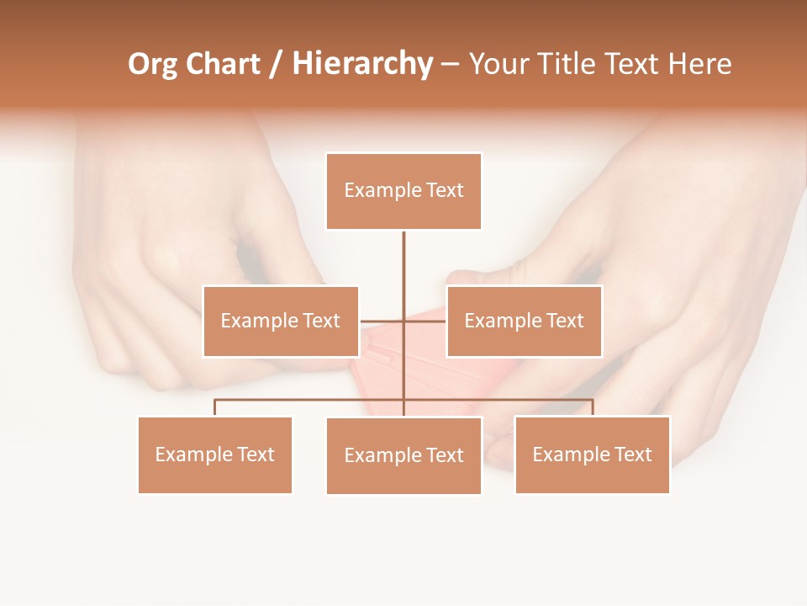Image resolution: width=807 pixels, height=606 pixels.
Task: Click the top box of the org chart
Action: (403, 191)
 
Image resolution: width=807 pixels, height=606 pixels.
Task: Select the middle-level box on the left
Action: (281, 321)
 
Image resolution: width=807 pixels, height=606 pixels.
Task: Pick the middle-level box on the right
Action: (524, 321)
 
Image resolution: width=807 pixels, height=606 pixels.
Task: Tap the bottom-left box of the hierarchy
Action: (215, 454)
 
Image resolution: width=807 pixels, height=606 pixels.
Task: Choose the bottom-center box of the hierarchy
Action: (403, 455)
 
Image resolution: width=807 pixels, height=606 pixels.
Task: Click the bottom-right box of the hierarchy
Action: (592, 454)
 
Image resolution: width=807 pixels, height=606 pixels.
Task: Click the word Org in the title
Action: (152, 65)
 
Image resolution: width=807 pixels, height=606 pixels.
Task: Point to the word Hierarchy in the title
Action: (362, 65)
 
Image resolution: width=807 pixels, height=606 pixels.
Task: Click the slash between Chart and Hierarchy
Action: (276, 65)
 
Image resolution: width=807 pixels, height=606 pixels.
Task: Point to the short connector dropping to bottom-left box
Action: (215, 407)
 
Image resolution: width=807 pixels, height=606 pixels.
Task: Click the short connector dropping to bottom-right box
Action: (592, 407)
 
